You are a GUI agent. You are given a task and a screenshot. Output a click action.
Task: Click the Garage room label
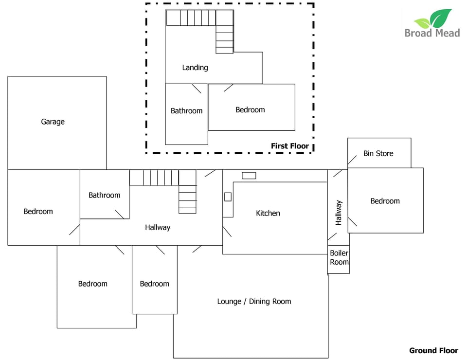pyautogui.click(x=53, y=122)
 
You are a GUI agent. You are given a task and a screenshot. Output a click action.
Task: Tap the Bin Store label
pyautogui.click(x=378, y=153)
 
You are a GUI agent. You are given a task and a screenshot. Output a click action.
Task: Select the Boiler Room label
pyautogui.click(x=339, y=258)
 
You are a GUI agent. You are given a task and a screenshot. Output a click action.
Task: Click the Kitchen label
pyautogui.click(x=268, y=213)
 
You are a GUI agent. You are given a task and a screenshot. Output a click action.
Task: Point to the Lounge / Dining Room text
pyautogui.click(x=254, y=301)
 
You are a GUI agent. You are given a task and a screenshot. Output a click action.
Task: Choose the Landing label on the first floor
pyautogui.click(x=195, y=68)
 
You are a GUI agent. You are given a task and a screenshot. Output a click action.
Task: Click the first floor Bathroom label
pyautogui.click(x=186, y=111)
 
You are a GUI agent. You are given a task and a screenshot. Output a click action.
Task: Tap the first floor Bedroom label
pyautogui.click(x=250, y=110)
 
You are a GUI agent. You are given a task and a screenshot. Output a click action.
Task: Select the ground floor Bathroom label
pyautogui.click(x=104, y=195)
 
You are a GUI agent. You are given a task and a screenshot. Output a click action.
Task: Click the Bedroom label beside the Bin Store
pyautogui.click(x=385, y=201)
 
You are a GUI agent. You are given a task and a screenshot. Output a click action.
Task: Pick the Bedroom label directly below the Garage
pyautogui.click(x=38, y=211)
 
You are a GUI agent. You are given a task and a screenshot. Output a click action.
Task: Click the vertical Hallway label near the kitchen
pyautogui.click(x=339, y=213)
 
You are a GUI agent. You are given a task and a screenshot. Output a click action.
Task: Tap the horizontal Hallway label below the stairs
pyautogui.click(x=158, y=227)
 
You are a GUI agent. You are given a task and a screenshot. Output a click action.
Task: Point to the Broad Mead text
pyautogui.click(x=432, y=34)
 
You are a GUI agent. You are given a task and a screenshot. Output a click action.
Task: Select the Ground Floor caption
pyautogui.click(x=433, y=350)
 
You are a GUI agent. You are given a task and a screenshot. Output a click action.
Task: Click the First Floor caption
pyautogui.click(x=290, y=146)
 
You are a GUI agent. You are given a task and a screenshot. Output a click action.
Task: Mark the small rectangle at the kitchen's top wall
pyautogui.click(x=249, y=176)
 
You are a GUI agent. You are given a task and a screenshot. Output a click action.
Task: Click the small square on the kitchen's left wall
pyautogui.click(x=228, y=197)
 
